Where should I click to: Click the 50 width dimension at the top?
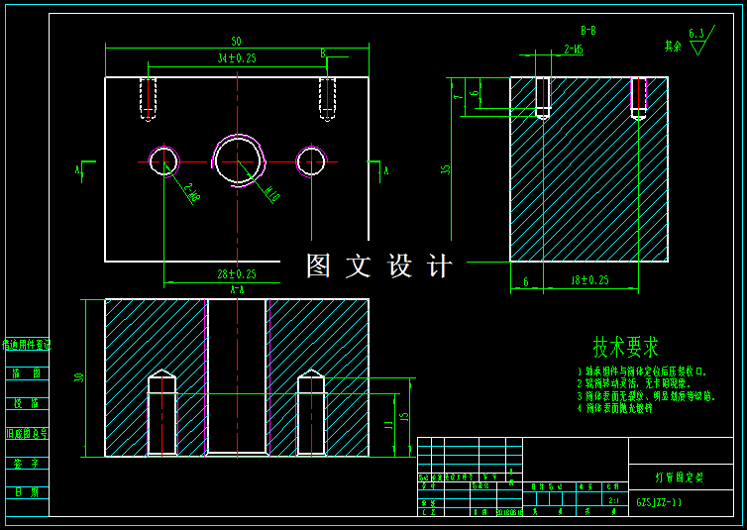click(x=236, y=42)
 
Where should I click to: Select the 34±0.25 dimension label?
click(x=237, y=58)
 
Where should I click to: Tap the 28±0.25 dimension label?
click(x=237, y=274)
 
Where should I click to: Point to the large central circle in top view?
click(x=239, y=159)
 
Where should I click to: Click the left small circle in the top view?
click(x=163, y=159)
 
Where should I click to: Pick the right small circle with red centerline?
click(x=311, y=159)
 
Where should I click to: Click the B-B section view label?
click(x=587, y=31)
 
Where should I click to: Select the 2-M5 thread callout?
click(x=573, y=48)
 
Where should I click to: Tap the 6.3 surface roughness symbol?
click(x=696, y=34)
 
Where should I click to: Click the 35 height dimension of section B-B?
click(x=447, y=168)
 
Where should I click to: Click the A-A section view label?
click(x=237, y=290)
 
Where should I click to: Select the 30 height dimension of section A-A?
click(x=79, y=377)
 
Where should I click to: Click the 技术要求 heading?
click(x=625, y=348)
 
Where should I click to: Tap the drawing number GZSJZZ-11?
click(x=659, y=503)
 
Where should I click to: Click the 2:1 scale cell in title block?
click(x=613, y=501)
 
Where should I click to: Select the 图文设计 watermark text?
click(x=379, y=265)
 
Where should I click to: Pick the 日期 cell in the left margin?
click(x=27, y=492)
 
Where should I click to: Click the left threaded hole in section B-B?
click(x=543, y=97)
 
